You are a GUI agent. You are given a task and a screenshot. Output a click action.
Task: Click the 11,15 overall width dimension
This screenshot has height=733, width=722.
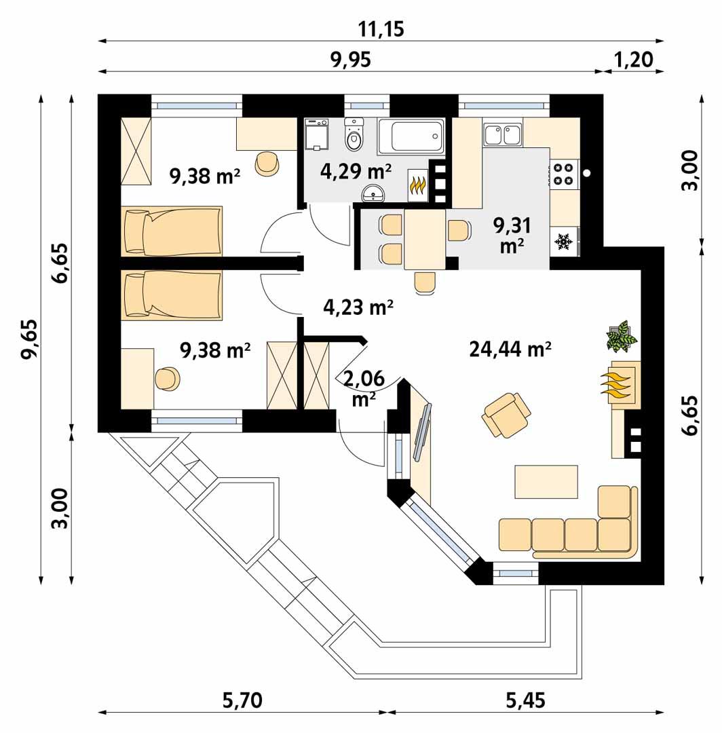click(380, 29)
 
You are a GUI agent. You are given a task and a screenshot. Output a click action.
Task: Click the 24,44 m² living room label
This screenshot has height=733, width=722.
click(509, 350)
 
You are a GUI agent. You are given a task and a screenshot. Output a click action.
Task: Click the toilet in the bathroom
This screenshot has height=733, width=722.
click(354, 136)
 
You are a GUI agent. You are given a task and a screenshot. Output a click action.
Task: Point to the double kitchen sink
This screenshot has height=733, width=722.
click(503, 134)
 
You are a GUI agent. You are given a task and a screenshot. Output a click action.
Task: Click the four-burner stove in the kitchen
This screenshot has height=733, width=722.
click(562, 174)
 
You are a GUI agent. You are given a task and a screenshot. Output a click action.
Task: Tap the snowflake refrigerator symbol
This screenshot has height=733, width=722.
click(562, 241)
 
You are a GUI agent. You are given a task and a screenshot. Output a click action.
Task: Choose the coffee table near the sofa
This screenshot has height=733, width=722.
click(546, 481)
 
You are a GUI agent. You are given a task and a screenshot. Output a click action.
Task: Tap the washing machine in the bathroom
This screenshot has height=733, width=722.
click(317, 135)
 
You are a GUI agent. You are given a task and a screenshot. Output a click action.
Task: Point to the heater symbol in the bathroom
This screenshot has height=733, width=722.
click(417, 184)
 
